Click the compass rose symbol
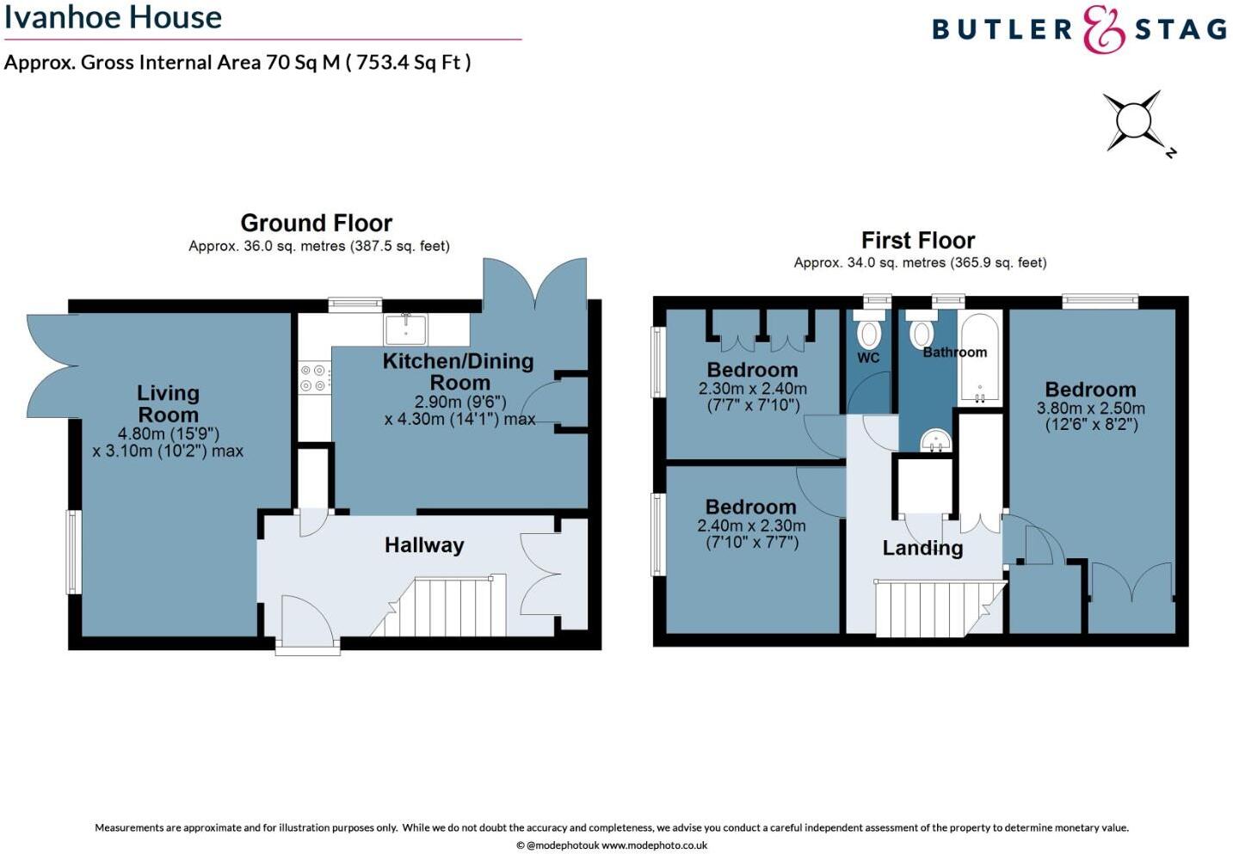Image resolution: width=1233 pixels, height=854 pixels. (x=1134, y=121)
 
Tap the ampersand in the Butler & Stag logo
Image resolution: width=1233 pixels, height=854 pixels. (x=1103, y=30)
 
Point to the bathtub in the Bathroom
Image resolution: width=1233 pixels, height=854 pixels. (x=979, y=357)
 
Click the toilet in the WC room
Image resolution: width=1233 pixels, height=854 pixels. (x=868, y=332)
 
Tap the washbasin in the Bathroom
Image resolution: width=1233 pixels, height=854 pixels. (x=934, y=441)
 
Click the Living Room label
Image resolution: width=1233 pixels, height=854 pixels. (x=168, y=403)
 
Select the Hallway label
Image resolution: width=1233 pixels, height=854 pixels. (x=424, y=545)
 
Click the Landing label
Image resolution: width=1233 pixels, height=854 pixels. (x=922, y=548)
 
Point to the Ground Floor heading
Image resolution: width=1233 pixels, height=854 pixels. (x=316, y=224)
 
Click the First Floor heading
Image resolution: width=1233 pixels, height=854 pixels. (x=918, y=240)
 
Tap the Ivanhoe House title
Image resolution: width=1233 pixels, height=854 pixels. (x=113, y=17)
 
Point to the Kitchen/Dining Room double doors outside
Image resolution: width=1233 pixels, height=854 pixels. (x=534, y=283)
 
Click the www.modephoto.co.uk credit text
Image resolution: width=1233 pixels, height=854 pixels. (x=654, y=845)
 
